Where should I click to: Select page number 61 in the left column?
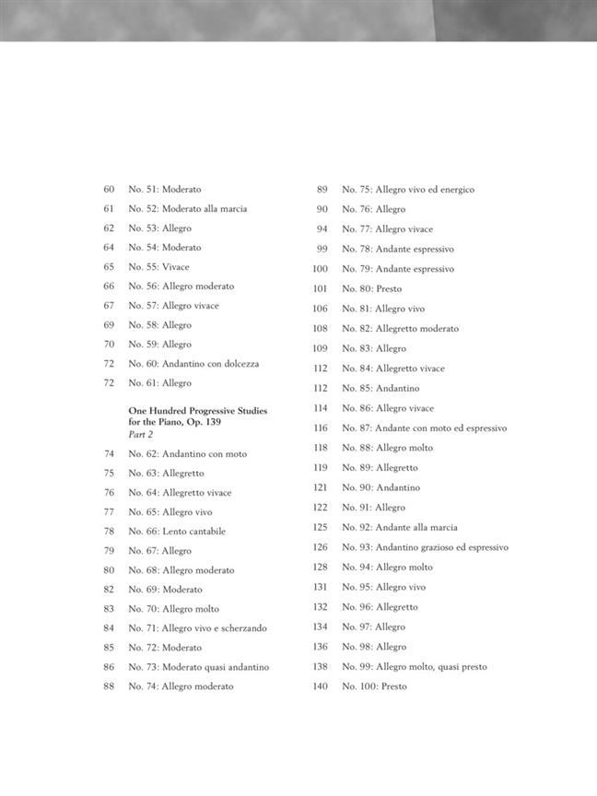coord(109,208)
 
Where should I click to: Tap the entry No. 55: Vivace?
coord(158,266)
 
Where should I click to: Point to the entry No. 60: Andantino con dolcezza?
coord(193,363)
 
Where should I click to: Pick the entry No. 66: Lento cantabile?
coord(177,531)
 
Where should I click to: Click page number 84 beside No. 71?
coord(109,627)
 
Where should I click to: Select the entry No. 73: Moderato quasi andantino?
coord(199,666)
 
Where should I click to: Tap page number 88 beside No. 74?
coord(109,685)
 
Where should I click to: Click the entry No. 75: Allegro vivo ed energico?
coord(408,189)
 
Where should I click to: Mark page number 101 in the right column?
coord(321,288)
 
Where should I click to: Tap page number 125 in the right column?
coord(321,527)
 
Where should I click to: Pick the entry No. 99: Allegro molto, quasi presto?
coord(415,666)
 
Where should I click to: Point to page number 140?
coord(321,686)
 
